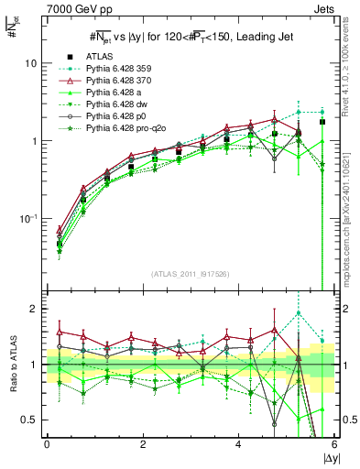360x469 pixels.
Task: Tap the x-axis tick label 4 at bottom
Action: [x=238, y=445]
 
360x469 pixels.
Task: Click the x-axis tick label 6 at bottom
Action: [x=334, y=445]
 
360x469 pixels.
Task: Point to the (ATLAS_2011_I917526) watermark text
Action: [x=189, y=273]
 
